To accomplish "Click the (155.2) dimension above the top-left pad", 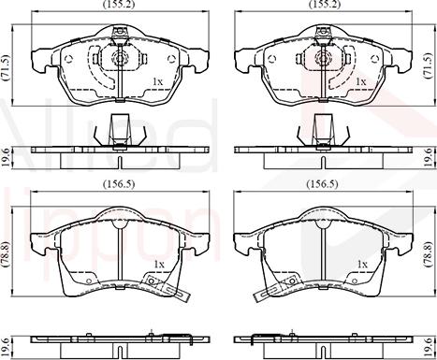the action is [119, 5].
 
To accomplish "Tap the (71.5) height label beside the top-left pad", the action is [6, 68].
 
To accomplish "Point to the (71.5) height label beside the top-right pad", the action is [428, 65].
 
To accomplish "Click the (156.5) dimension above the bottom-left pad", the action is [119, 184].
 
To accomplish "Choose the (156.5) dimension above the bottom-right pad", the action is [323, 184].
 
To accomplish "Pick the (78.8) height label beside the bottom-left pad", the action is [6, 254].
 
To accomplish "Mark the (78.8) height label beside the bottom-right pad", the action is [428, 254].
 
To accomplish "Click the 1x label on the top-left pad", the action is [157, 81].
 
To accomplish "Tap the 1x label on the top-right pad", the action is [361, 81].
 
